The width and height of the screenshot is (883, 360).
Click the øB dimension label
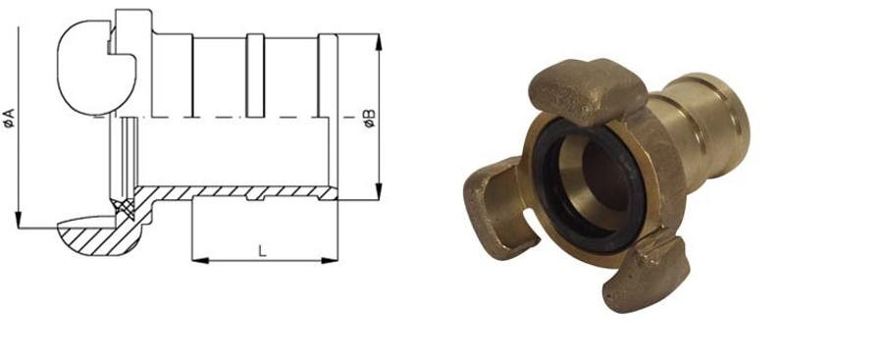(370, 118)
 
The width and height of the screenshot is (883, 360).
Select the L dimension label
(262, 251)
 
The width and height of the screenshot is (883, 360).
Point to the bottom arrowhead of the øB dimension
(379, 191)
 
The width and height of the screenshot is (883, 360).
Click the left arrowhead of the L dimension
(200, 260)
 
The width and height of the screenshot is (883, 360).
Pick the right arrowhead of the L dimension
(330, 260)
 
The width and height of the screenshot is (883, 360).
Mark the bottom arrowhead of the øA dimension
(19, 220)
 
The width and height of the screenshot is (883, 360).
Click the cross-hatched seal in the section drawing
(124, 206)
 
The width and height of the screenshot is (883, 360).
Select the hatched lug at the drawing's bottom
(98, 235)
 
